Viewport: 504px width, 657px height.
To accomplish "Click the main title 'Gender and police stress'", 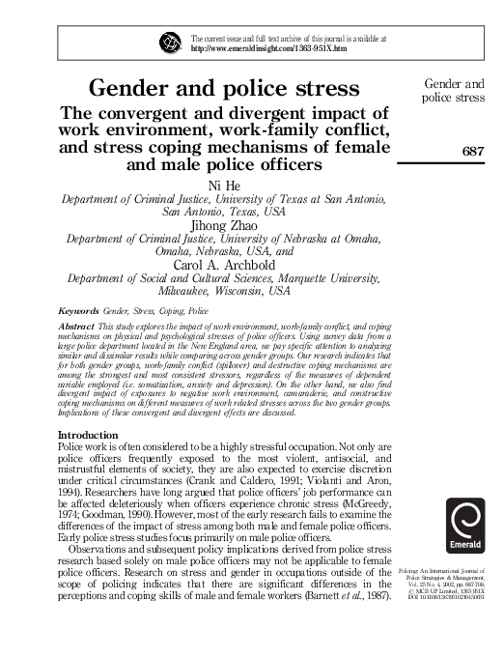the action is coord(224,89).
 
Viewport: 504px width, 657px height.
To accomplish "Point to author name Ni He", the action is coord(224,185).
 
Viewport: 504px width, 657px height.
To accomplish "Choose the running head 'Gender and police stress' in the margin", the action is coord(453,91).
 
